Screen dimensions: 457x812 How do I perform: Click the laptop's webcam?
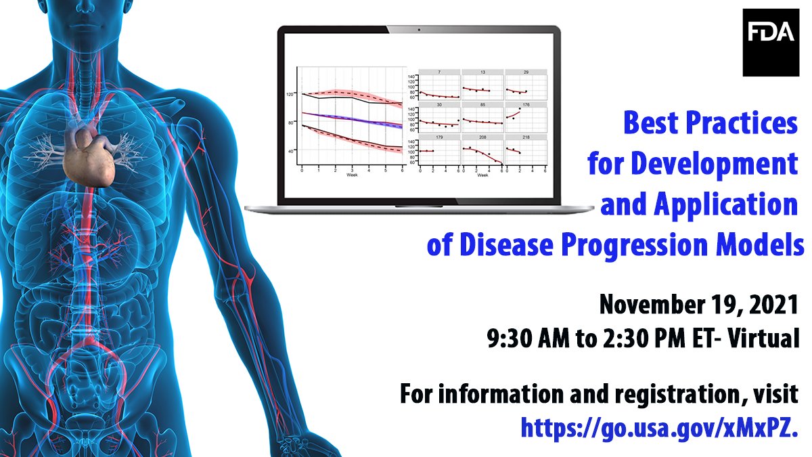pyautogui.click(x=420, y=30)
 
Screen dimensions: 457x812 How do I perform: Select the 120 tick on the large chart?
pyautogui.click(x=290, y=94)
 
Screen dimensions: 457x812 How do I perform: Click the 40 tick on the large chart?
pyautogui.click(x=292, y=150)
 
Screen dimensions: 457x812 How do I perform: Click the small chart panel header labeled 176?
pyautogui.click(x=526, y=105)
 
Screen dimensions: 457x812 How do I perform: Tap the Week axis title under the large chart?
pyautogui.click(x=352, y=175)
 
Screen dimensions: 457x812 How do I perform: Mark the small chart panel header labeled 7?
pyautogui.click(x=439, y=72)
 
